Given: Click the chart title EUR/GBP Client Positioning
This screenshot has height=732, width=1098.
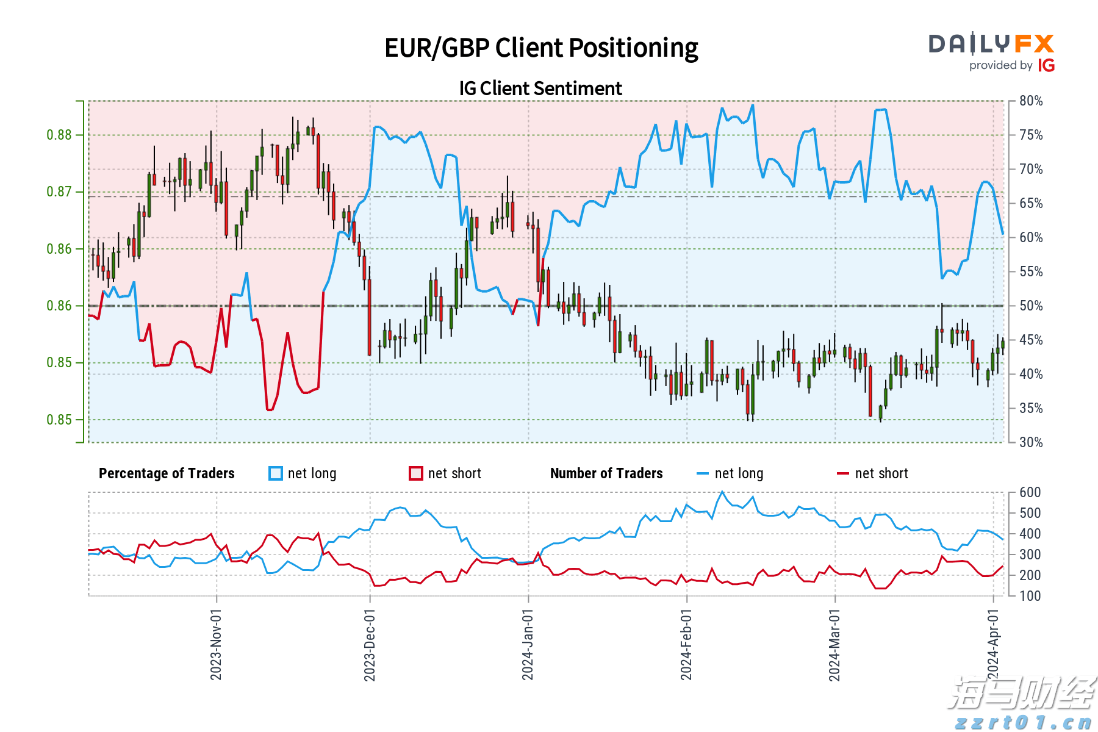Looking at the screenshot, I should coord(541,48).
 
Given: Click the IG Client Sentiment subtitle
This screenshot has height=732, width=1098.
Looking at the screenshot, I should coord(540,88).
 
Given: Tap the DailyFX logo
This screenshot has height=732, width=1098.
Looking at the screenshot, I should coord(991,44).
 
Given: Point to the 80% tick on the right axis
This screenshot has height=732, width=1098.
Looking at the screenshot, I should coord(1031,101).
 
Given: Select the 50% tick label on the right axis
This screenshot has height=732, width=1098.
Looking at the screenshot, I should coord(1031,306).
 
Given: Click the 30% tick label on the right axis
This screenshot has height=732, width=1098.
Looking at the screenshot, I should coord(1031,443).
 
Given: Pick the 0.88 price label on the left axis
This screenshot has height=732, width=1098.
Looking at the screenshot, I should coord(59,135).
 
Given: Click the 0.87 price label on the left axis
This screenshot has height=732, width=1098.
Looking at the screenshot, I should coord(59,192).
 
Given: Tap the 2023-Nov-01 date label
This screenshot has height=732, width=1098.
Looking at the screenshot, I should coord(216,645).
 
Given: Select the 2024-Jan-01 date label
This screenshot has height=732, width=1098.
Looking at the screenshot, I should coord(528,645).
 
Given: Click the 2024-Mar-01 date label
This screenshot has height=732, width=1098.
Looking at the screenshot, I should coord(834,645).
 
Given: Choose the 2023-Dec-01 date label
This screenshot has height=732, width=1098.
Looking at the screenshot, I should coord(370,645).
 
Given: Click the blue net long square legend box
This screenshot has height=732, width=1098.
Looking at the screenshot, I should coord(276,474).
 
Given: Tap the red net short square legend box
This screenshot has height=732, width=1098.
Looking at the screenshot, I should coord(416,474).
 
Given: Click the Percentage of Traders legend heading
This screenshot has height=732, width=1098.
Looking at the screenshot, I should coord(167,474).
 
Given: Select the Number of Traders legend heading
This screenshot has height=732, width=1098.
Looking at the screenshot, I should coord(606,474).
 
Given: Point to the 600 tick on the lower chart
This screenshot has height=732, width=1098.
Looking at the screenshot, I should coord(1030,493).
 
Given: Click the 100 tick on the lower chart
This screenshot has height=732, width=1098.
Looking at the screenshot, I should coord(1030,596).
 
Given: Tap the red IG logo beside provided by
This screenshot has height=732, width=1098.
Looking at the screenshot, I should coord(1046,66).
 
